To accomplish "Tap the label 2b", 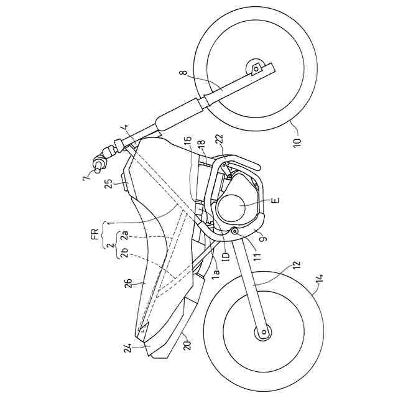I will click(125, 254).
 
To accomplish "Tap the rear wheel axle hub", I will click(260, 333).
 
